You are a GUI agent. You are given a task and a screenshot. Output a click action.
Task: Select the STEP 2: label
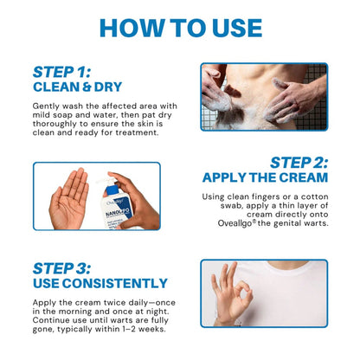tap(299, 162)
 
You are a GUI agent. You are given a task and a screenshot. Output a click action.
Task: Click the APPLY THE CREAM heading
tap(265, 177)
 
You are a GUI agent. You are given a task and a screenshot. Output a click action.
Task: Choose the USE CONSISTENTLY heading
tap(100, 283)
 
